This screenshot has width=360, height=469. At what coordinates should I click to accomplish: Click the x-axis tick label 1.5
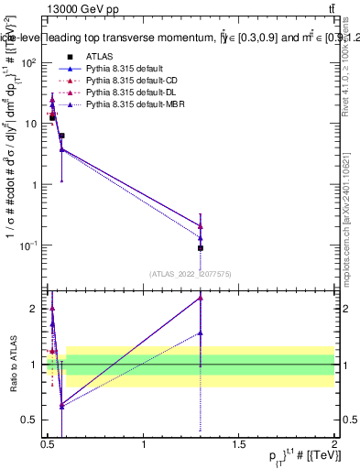(239, 444)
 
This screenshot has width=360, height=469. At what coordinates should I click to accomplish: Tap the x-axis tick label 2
(334, 444)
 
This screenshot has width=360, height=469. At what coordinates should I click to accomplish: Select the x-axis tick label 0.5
(49, 444)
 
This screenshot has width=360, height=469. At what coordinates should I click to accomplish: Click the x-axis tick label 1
(144, 444)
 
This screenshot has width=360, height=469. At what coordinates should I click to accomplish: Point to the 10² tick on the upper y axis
(29, 62)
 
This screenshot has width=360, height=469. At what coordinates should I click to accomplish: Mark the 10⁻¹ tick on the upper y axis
(27, 245)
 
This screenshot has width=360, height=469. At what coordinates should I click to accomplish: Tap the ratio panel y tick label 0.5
(31, 420)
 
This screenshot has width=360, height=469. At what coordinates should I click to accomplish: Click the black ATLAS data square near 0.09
(201, 248)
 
